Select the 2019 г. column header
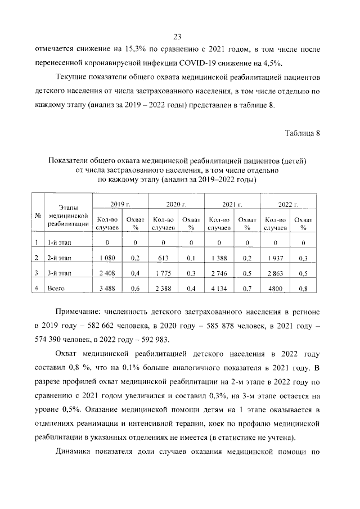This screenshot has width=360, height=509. coord(120,203)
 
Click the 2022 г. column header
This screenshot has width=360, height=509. coord(289,203)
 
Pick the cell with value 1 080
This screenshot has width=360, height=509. coord(107,258)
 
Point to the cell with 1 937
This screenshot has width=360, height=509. coord(276,258)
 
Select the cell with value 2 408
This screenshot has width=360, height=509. coord(107,273)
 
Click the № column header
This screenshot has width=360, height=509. coord(37,216)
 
